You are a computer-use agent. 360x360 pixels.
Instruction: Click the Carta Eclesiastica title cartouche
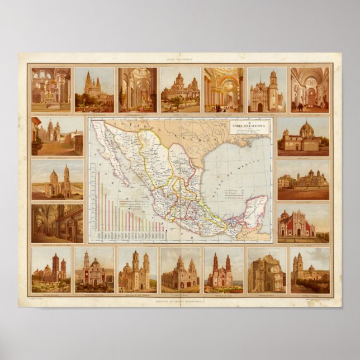[x=250, y=128]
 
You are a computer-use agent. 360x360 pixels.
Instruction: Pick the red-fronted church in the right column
[x=296, y=224]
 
